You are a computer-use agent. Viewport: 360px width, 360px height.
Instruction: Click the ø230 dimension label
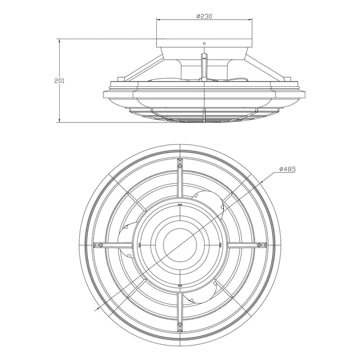pos(204,16)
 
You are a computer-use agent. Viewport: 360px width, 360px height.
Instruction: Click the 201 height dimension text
pos(60,81)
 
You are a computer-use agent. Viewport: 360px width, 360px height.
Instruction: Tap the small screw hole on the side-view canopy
pos(204,43)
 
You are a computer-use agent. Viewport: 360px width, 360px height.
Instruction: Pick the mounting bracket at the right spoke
pos(261,245)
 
